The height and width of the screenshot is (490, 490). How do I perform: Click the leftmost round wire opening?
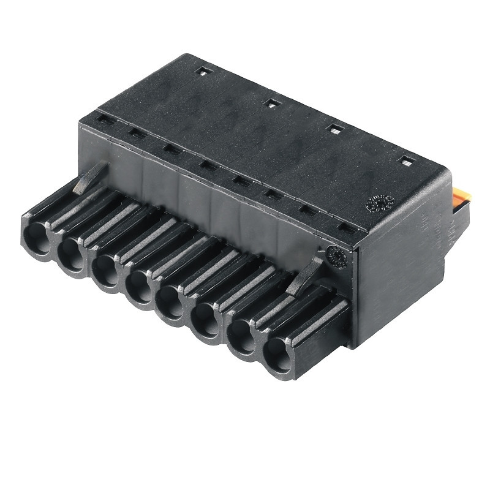(36, 235)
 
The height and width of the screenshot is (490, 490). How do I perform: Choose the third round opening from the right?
(207, 321)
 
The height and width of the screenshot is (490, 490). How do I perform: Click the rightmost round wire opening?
(279, 354)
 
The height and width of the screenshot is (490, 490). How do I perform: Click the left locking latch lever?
(90, 177)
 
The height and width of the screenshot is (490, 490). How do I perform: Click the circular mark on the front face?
(336, 256)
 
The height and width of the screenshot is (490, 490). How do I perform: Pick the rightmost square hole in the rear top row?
(405, 160)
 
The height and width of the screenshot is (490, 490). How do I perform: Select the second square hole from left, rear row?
(271, 102)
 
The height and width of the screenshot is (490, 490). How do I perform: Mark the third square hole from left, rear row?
(336, 129)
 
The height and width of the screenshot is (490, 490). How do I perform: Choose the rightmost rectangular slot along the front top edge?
(347, 231)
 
